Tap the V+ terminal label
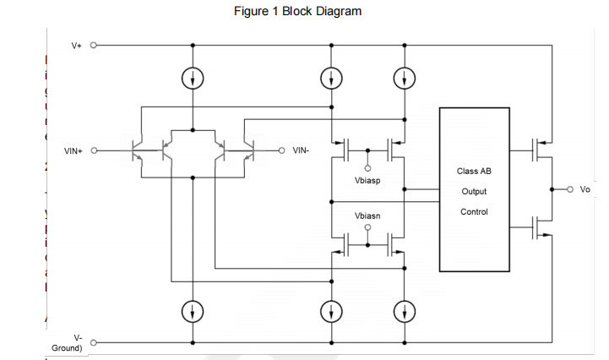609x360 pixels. click(76, 45)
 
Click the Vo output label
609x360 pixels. click(585, 188)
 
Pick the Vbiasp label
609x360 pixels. click(368, 181)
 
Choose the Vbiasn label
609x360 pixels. click(367, 215)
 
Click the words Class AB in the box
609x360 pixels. click(474, 172)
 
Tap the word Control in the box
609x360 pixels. click(474, 211)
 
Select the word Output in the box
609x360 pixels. click(474, 191)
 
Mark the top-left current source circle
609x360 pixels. click(193, 78)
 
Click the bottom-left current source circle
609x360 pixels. click(193, 312)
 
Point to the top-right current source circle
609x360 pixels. click(405, 78)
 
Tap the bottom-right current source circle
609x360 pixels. click(405, 312)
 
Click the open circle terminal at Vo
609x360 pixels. click(571, 188)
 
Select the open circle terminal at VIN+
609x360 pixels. click(93, 151)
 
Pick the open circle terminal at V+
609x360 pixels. click(93, 45)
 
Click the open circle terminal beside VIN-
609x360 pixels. click(283, 151)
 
